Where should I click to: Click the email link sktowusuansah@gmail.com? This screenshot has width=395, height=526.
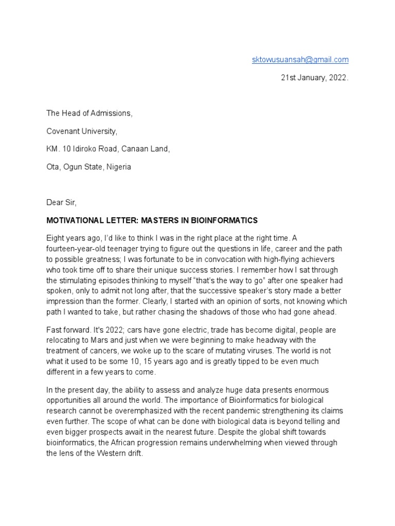(x=300, y=60)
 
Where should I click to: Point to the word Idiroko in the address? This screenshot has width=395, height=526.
(x=94, y=149)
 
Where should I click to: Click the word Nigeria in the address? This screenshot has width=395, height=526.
(x=119, y=167)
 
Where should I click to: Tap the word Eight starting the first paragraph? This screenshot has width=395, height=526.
(x=56, y=238)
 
